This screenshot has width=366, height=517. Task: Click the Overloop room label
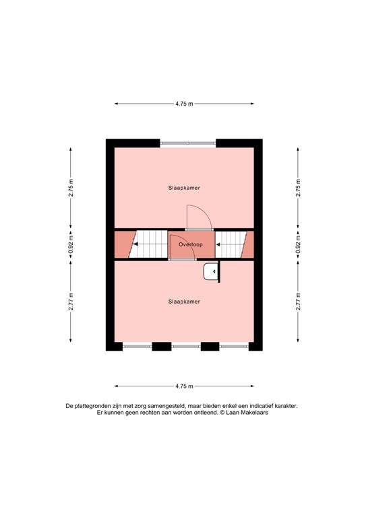coord(191,244)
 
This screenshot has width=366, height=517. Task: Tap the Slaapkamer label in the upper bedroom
coord(184,188)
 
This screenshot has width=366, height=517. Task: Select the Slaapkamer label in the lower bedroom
coord(184,302)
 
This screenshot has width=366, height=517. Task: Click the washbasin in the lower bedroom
coord(210,272)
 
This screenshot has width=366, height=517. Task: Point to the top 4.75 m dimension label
coord(184,104)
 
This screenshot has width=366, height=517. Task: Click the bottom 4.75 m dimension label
coord(184,386)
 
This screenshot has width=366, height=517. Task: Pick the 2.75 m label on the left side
coord(71,188)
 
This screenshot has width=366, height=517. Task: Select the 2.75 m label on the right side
coord(298,188)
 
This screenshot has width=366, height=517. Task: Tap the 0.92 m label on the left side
coord(71,244)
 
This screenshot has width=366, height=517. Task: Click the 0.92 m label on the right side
coord(298,244)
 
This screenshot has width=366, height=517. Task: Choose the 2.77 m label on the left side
coord(71,302)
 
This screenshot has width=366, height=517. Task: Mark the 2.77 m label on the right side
coord(298,302)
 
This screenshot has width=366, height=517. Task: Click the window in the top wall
coord(188,143)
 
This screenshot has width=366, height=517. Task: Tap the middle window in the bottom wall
coord(186,346)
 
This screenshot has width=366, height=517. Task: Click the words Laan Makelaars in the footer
coord(247,413)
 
